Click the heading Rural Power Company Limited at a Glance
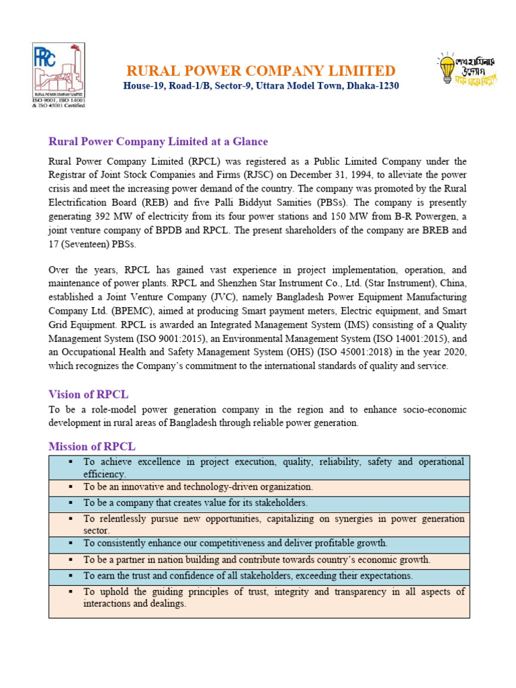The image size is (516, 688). click(x=158, y=142)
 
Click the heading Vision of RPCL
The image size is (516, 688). click(x=88, y=394)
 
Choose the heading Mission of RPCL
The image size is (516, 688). click(x=93, y=446)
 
